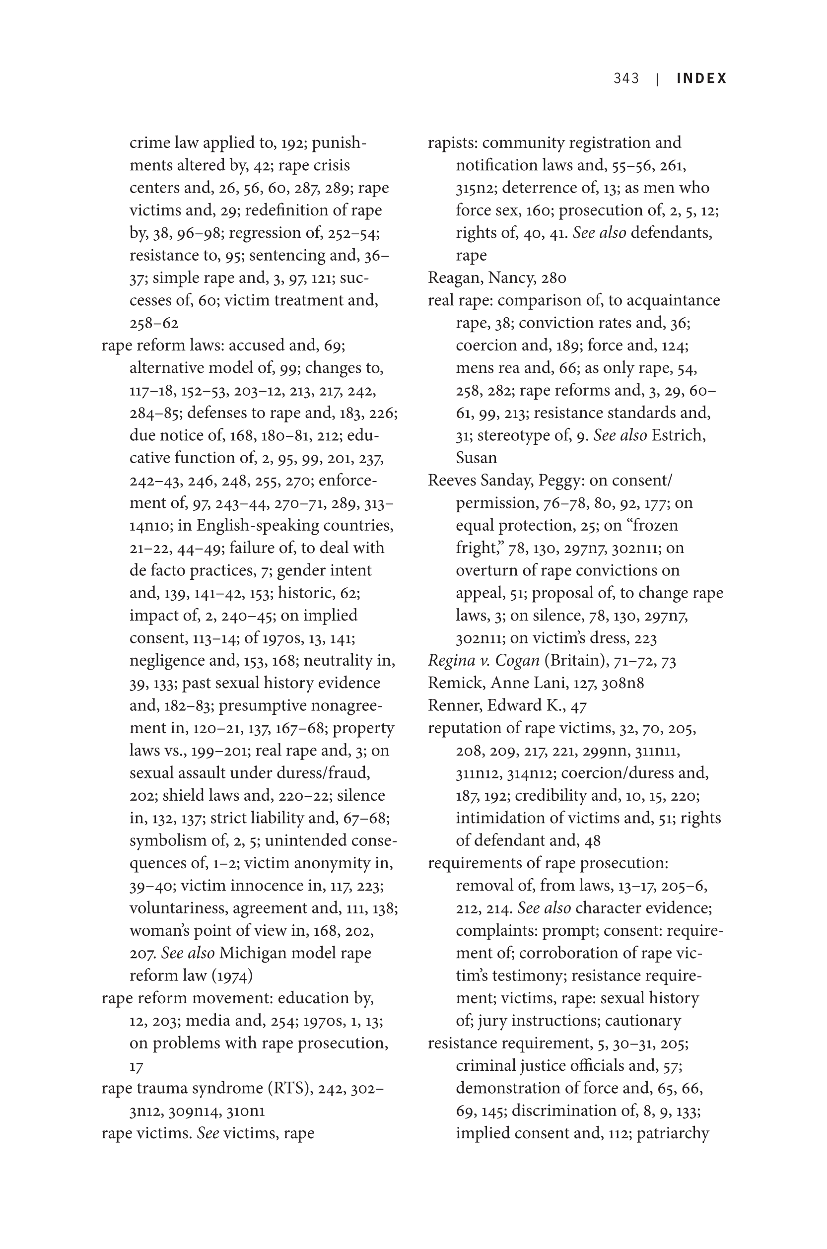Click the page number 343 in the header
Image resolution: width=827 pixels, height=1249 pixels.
tap(625, 78)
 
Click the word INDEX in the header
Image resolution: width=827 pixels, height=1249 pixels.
tap(701, 78)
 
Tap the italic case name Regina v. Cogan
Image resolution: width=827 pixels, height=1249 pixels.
tap(483, 660)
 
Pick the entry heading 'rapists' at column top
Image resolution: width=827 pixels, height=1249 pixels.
tap(452, 142)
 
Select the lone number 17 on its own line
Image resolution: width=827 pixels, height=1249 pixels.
tap(136, 1066)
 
